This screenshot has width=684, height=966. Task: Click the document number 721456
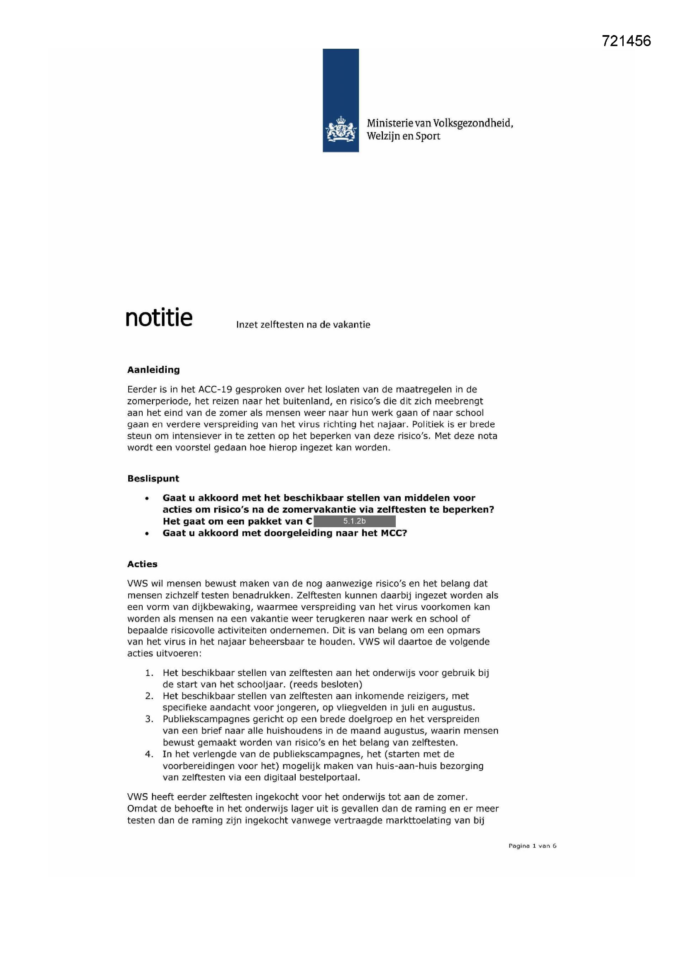[x=626, y=41]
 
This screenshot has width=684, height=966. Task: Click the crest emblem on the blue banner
[x=340, y=130]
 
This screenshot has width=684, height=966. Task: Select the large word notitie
[x=159, y=318]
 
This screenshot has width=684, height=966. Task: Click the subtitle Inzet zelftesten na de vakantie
[x=303, y=324]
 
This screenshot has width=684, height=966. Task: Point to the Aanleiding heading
[x=153, y=370]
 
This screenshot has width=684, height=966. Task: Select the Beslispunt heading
[x=153, y=478]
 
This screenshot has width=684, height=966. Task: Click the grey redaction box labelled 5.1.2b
[x=354, y=521]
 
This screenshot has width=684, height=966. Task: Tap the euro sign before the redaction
[x=309, y=521]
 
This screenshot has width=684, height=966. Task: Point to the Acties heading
[x=142, y=564]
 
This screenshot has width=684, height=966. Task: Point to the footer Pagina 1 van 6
[x=532, y=846]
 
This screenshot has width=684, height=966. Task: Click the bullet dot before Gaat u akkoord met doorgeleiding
[x=146, y=533]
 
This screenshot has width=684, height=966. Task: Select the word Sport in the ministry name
[x=428, y=136]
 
